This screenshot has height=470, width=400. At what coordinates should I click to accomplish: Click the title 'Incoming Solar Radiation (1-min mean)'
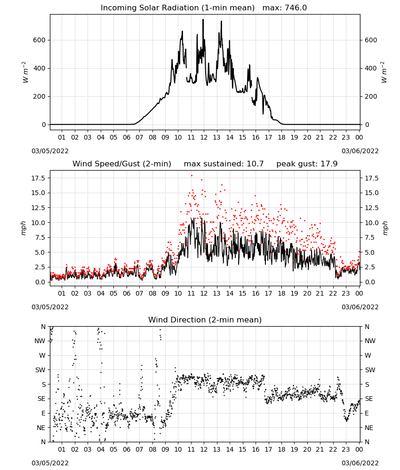[x=177, y=8]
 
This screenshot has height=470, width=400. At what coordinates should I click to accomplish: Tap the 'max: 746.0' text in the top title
[x=285, y=8]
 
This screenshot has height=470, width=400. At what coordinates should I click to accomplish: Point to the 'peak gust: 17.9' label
[x=307, y=164]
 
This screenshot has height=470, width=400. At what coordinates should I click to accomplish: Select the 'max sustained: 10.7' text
[x=224, y=164]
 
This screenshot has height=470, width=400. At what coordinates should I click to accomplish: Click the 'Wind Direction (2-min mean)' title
[x=205, y=320]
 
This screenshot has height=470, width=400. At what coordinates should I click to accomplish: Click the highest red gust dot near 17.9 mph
[x=192, y=176]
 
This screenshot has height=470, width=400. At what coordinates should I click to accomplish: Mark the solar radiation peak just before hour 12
[x=203, y=20]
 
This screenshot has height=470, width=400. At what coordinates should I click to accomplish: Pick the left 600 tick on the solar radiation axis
[x=39, y=40]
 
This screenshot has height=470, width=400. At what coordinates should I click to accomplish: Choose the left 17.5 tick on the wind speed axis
[x=38, y=178]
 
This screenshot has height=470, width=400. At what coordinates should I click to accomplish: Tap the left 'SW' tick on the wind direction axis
[x=40, y=370]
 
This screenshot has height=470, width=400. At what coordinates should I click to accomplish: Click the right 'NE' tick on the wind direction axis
[x=369, y=428]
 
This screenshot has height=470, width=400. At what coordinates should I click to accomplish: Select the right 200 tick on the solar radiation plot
[x=371, y=96]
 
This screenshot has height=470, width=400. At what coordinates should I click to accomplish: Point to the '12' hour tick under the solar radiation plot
[x=204, y=138]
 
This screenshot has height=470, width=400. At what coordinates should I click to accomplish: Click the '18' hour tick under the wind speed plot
[x=281, y=293]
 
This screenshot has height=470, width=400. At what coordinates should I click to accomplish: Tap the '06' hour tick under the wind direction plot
[x=127, y=449]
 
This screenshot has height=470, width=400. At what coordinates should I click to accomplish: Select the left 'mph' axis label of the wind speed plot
[x=24, y=228]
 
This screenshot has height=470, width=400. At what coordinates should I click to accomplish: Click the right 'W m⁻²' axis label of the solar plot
[x=384, y=72]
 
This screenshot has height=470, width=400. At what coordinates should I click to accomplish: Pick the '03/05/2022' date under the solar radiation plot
[x=50, y=151]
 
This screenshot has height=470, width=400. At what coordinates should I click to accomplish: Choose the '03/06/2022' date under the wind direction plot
[x=360, y=463]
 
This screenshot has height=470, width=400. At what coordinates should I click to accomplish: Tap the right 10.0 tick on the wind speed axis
[x=372, y=223]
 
